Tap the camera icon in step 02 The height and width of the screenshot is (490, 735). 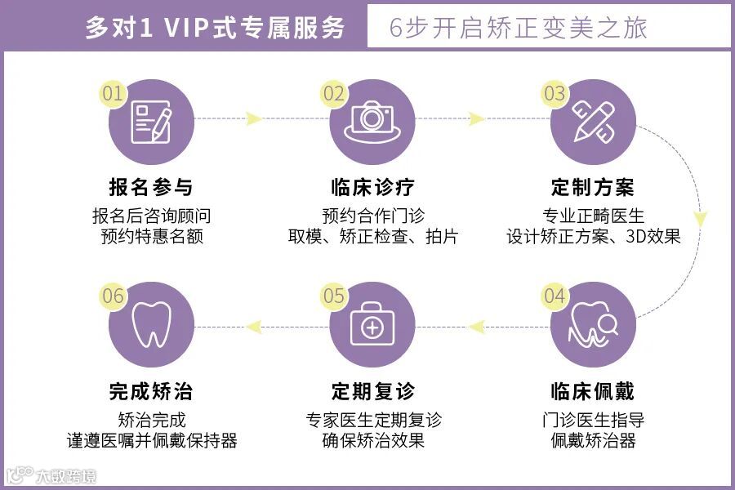(372, 120)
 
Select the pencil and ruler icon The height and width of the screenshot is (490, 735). (593, 120)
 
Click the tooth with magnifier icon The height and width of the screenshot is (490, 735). (594, 325)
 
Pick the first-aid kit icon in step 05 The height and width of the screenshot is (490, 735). (372, 327)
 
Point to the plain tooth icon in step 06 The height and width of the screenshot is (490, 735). (151, 325)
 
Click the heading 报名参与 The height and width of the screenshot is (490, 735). (151, 187)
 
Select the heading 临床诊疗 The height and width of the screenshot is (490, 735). (372, 187)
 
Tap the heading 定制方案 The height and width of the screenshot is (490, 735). (593, 187)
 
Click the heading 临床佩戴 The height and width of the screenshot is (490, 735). (593, 391)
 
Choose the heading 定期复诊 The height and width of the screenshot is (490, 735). (372, 391)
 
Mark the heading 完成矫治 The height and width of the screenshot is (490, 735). (151, 391)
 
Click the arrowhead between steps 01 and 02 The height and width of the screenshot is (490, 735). (253, 119)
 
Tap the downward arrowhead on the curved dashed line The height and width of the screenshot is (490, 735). (700, 219)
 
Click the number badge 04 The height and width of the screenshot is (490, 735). (555, 296)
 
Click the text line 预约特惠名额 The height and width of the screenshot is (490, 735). (151, 237)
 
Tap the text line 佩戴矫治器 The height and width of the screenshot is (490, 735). (593, 441)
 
